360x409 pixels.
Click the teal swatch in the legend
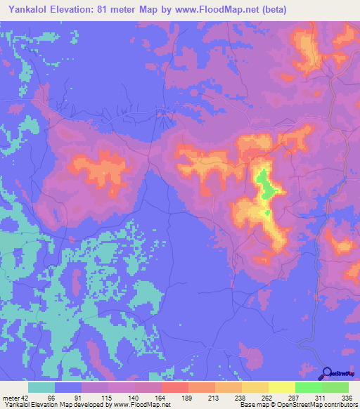(x=41, y=387)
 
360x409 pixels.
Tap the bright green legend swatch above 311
(x=308, y=387)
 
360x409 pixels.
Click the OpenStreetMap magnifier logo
(x=328, y=373)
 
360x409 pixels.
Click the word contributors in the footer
(x=339, y=405)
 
